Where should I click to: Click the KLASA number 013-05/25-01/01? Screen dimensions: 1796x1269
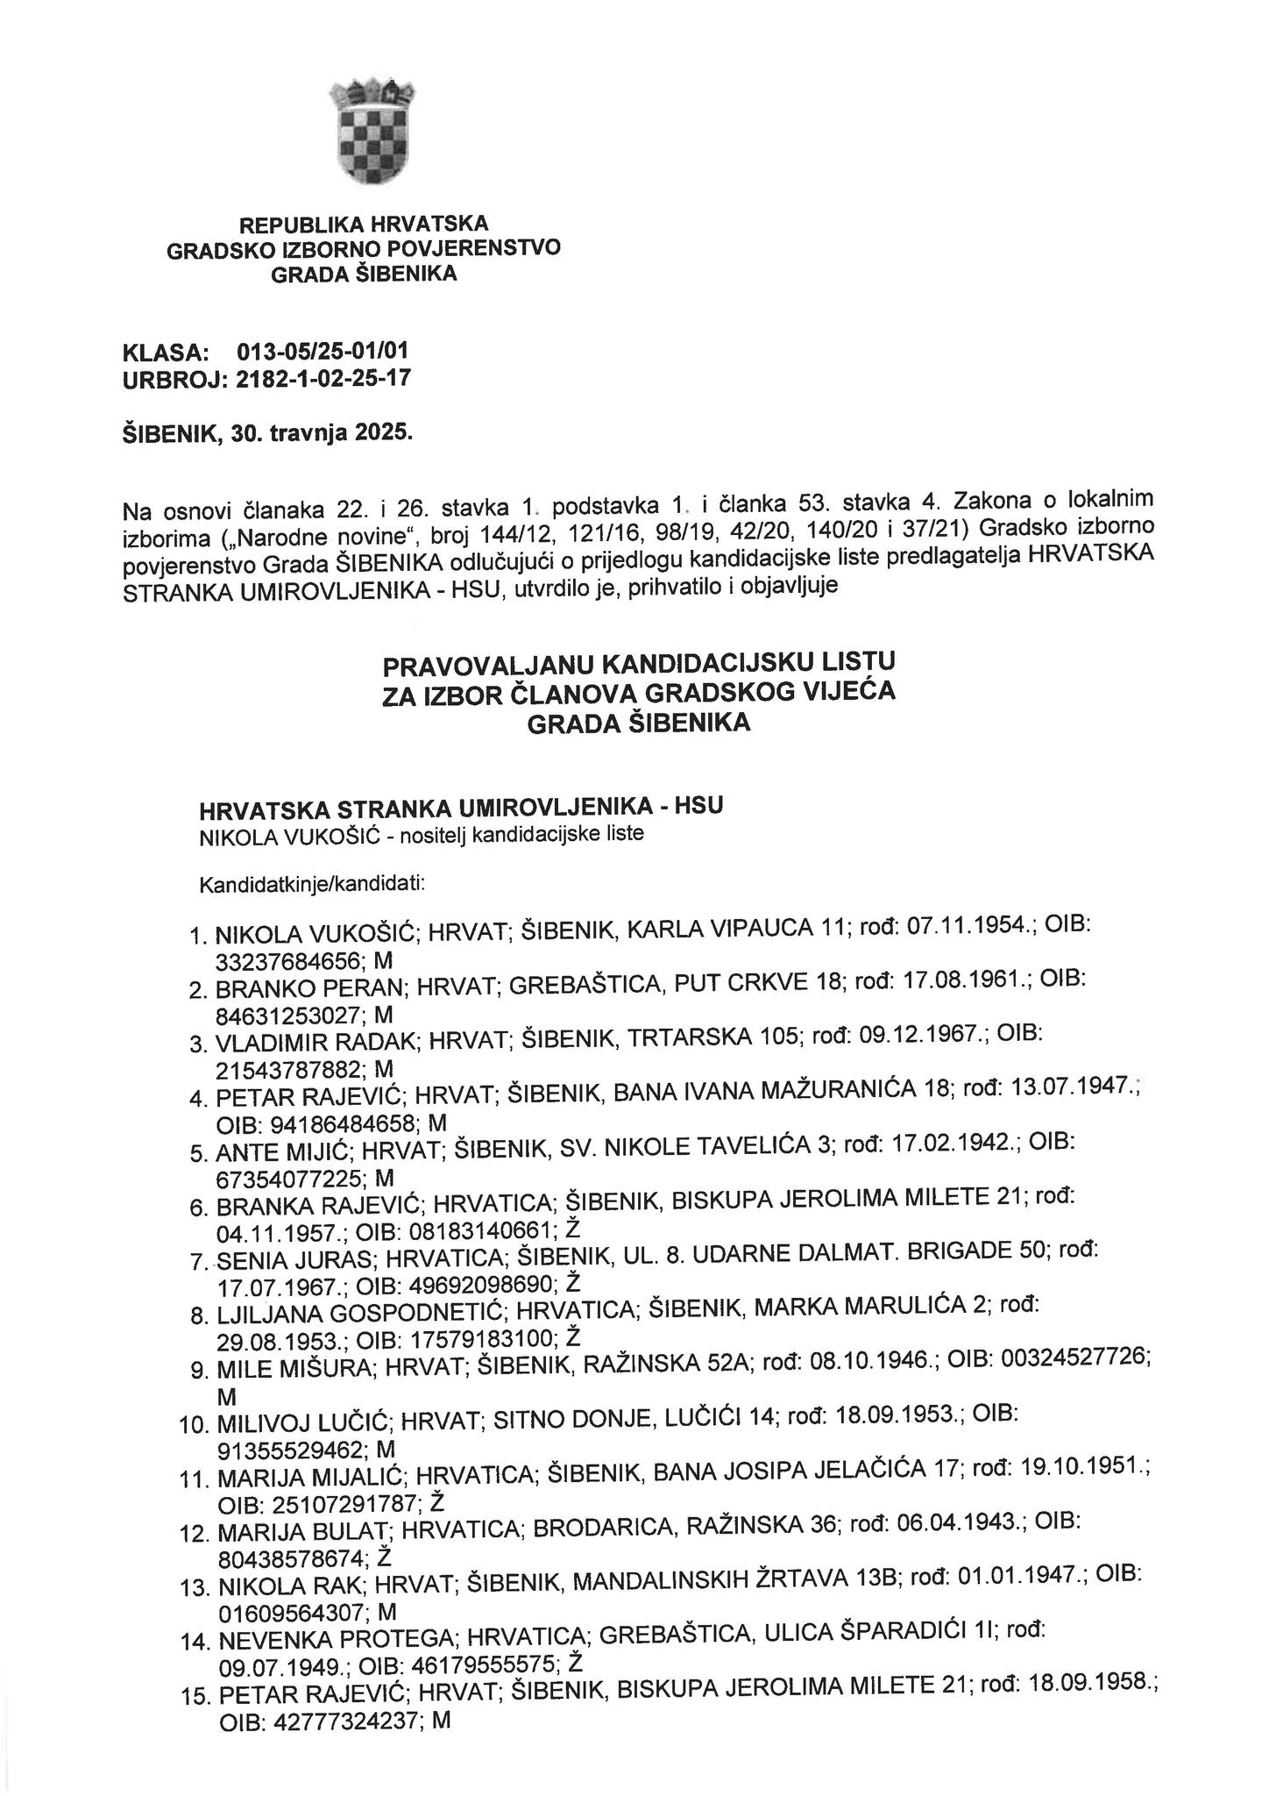[322, 353]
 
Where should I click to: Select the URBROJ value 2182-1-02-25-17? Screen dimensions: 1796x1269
[323, 380]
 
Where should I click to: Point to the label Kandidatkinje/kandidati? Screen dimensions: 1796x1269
[312, 882]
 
